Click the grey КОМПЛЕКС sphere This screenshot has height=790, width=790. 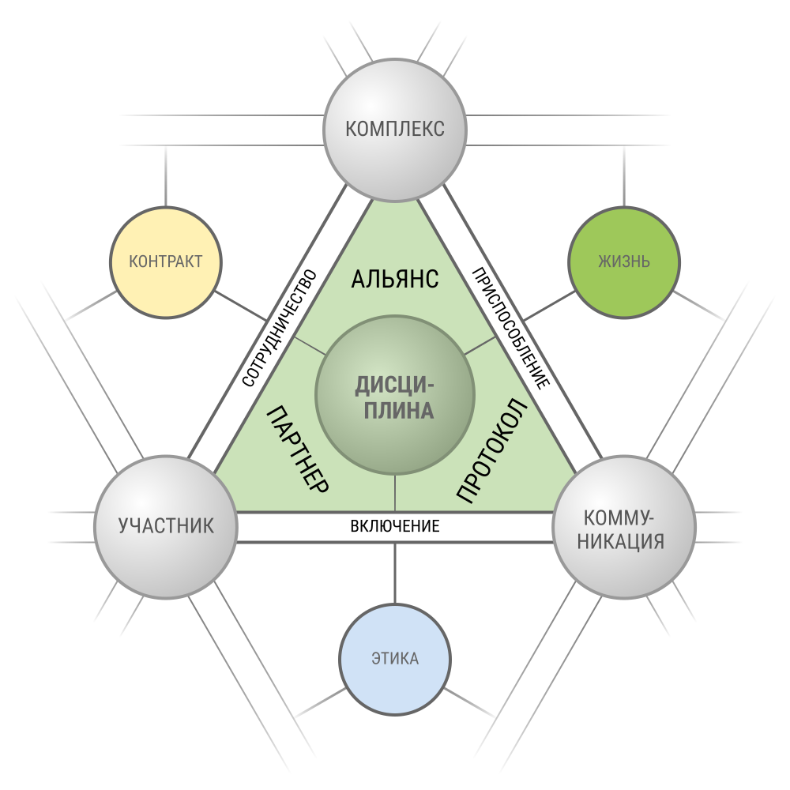pyautogui.click(x=395, y=130)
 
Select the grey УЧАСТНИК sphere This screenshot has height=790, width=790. pyautogui.click(x=166, y=527)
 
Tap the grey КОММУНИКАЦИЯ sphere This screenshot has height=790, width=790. pyautogui.click(x=624, y=527)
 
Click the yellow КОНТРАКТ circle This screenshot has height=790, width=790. pyautogui.click(x=166, y=262)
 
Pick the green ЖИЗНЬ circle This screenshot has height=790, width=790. pyautogui.click(x=624, y=262)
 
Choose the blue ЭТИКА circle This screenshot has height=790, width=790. pyautogui.click(x=395, y=659)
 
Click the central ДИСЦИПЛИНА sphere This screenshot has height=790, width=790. pyautogui.click(x=395, y=395)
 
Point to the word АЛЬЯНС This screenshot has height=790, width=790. pyautogui.click(x=395, y=279)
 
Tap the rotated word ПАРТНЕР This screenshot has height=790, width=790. pyautogui.click(x=298, y=449)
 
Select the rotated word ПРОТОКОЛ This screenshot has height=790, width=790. pyautogui.click(x=492, y=450)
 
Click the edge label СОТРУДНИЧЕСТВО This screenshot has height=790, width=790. pyautogui.click(x=280, y=328)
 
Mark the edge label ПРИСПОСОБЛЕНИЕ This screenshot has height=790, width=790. pyautogui.click(x=510, y=329)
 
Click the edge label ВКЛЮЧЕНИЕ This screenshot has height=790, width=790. pyautogui.click(x=395, y=526)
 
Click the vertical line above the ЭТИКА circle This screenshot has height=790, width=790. pyautogui.click(x=395, y=573)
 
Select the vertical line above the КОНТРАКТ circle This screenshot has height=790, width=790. pyautogui.click(x=166, y=176)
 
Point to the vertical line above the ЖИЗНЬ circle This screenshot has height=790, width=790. pyautogui.click(x=624, y=176)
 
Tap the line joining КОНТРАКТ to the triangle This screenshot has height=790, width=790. pyautogui.click(x=241, y=306)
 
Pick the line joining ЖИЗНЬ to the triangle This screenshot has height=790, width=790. pyautogui.click(x=549, y=306)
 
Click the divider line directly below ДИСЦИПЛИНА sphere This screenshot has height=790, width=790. pyautogui.click(x=395, y=493)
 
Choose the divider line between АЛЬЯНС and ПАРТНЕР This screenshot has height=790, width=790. pyautogui.click(x=310, y=346)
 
